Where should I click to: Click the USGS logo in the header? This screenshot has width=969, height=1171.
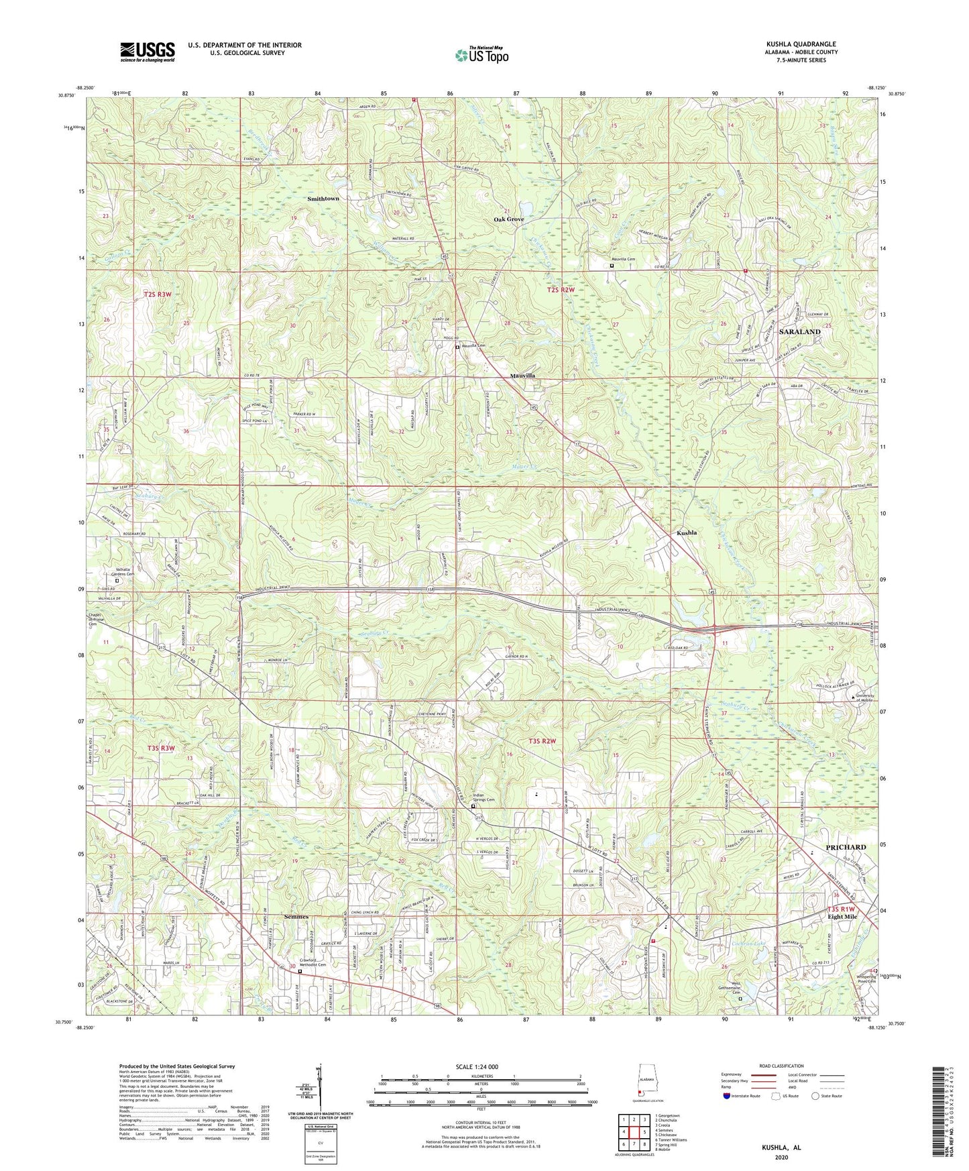pos(148,51)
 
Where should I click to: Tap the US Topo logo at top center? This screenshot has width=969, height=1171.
pos(481,55)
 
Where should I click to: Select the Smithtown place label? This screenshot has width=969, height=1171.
pos(323,199)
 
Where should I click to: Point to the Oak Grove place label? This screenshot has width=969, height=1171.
pos(508,219)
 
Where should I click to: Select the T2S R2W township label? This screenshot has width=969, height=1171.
pos(561,290)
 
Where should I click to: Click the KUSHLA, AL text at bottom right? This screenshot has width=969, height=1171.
pos(781,1148)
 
